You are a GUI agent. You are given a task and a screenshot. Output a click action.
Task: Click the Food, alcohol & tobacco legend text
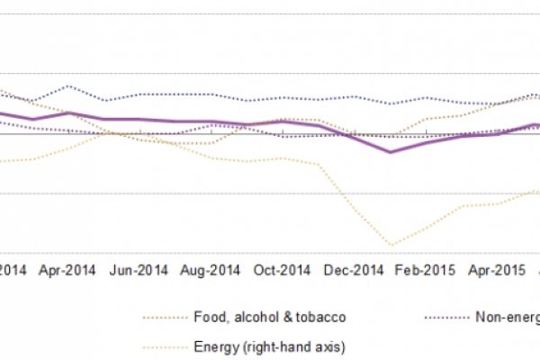coord(269,317)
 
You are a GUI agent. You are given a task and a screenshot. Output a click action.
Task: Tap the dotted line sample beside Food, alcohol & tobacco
coord(163,317)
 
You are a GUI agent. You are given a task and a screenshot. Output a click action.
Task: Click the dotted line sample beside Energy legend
coord(163,346)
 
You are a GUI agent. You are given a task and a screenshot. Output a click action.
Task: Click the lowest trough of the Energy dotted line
coord(391,244)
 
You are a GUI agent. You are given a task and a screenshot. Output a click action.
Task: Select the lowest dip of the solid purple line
coord(391,152)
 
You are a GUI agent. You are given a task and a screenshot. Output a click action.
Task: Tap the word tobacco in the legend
coord(322,317)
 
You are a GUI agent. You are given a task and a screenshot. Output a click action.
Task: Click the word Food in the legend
coord(210,317)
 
